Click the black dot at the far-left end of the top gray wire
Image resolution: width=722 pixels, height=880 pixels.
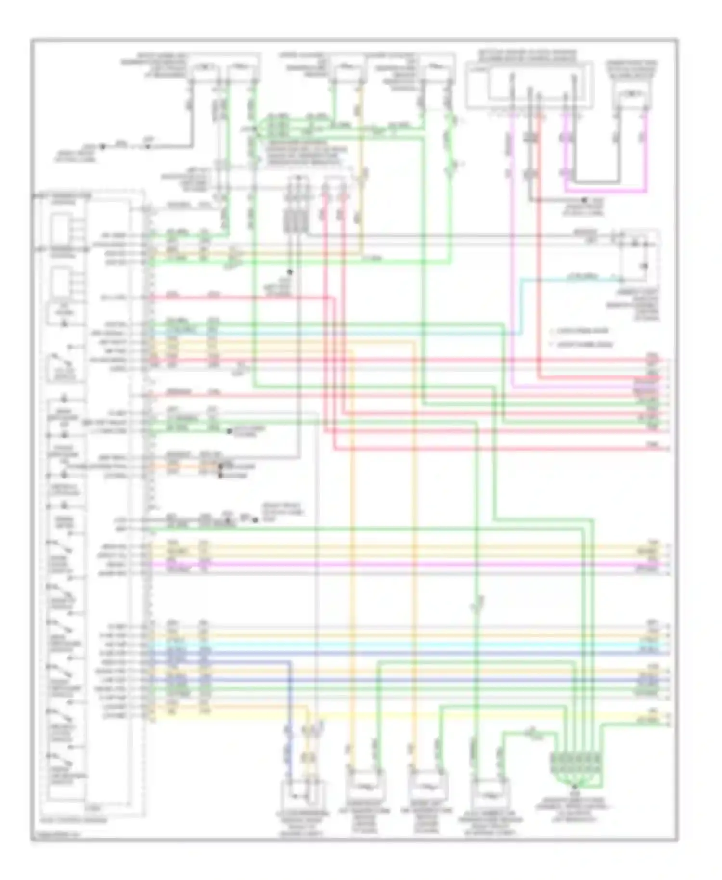102,146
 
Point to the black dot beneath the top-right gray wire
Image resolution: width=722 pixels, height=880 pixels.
583,200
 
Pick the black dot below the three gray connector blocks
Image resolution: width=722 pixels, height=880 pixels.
290,272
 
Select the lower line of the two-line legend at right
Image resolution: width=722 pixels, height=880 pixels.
582,345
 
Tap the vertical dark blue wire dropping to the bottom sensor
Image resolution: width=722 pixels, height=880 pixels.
290,722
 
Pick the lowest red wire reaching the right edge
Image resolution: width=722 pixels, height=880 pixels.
501,450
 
